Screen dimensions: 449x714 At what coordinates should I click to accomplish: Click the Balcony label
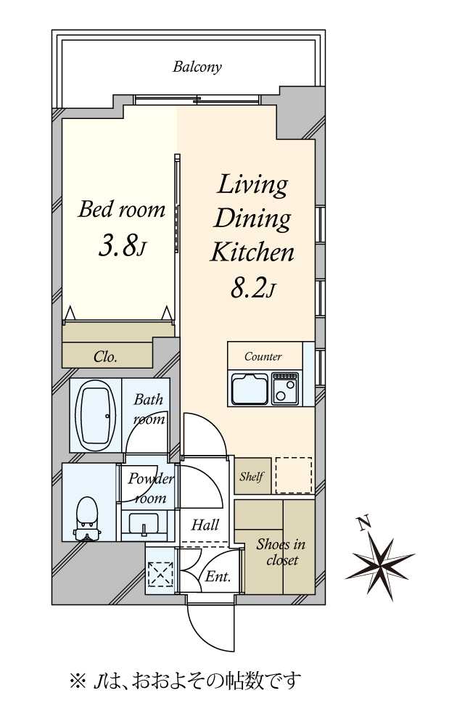pos(197,67)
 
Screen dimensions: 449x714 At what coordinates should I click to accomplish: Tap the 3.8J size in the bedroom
pos(122,247)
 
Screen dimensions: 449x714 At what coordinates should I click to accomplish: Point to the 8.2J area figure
pos(253,287)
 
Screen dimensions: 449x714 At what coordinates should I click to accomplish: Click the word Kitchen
pos(252,252)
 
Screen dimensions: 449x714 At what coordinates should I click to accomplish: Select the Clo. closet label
pos(105,356)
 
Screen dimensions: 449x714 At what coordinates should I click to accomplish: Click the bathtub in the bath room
pos(95,415)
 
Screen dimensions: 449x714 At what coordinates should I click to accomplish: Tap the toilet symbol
pos(87,519)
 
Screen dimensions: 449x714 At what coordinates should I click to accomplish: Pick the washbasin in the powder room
pos(144,525)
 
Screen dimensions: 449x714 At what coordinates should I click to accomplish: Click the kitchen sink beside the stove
pos(249,388)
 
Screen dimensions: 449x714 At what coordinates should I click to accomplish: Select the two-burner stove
pos(285,388)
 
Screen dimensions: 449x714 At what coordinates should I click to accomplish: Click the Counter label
pos(263,356)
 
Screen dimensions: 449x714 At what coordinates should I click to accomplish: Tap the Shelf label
pos(252,476)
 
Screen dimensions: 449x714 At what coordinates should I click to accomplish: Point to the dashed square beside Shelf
pos(294,475)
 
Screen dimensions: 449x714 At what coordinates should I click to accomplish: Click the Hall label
pos(205,525)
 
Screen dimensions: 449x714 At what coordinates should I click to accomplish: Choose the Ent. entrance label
pos(218,576)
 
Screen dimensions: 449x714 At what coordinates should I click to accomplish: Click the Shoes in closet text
pos(281,552)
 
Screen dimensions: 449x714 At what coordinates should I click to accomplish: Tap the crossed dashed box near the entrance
pos(161,574)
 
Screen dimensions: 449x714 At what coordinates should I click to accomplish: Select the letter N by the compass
pos(363,523)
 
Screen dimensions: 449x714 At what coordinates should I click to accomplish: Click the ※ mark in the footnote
pos(78,681)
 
